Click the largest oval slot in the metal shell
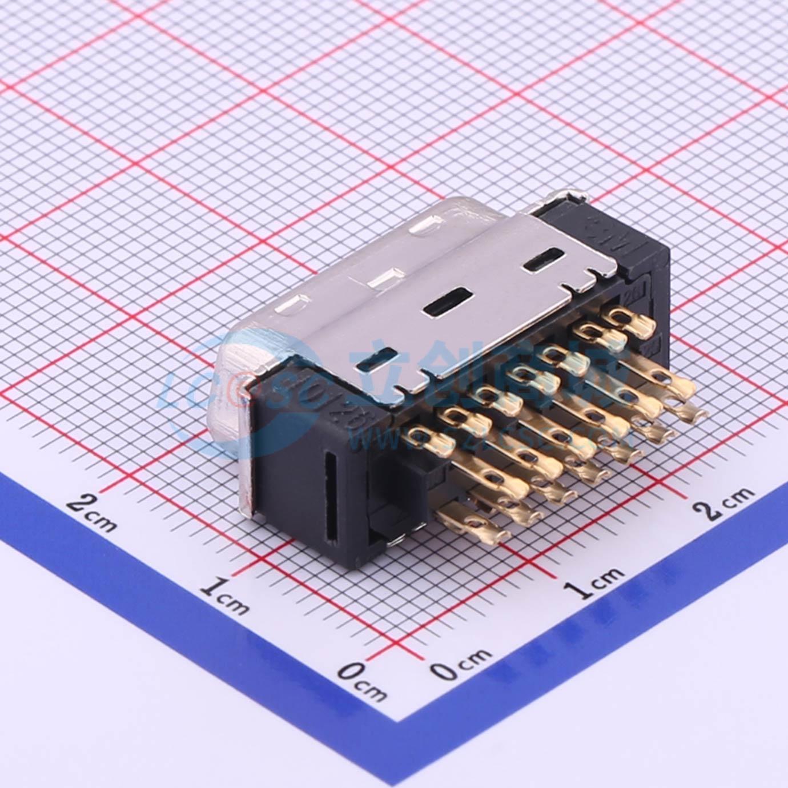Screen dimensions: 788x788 448,301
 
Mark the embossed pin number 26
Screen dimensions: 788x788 633,297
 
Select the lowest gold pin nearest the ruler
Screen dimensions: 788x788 472,522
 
